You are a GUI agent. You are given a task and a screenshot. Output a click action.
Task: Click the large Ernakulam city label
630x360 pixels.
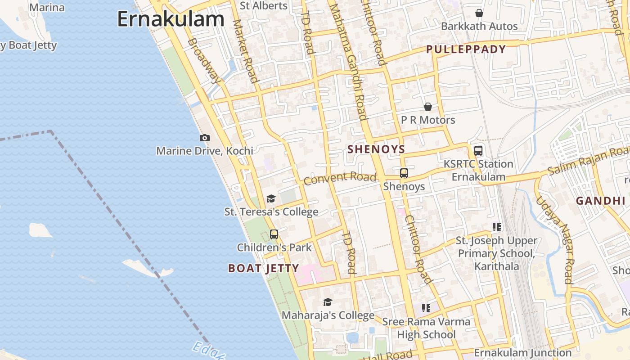[x=171, y=19]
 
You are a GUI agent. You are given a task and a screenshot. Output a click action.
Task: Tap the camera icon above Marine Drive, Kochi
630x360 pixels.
[x=205, y=138]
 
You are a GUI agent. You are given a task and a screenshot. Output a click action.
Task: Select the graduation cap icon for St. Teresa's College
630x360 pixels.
[x=271, y=198]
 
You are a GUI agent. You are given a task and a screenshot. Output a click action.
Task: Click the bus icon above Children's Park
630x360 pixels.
[x=274, y=234]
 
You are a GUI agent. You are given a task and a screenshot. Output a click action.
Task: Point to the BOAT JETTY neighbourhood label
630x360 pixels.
[x=263, y=269]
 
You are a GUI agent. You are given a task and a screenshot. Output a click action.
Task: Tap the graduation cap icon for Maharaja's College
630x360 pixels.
[x=328, y=302]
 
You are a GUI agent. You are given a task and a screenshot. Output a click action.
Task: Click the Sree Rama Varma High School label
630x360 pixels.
[x=426, y=328]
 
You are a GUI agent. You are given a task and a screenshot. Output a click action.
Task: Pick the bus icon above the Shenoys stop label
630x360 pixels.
[x=404, y=173]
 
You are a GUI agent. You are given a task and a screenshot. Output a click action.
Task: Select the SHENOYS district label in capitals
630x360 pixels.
[x=376, y=149]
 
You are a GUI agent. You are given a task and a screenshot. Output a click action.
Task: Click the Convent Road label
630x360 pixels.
[x=340, y=178]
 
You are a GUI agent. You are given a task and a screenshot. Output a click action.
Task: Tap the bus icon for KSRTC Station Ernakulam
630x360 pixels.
[x=478, y=151]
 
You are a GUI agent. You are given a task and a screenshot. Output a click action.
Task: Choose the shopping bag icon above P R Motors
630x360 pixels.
[x=428, y=107]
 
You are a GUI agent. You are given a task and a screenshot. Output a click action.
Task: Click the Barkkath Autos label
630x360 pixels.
[x=479, y=26]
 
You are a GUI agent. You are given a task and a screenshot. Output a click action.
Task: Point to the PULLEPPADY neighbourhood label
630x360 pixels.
[x=466, y=49]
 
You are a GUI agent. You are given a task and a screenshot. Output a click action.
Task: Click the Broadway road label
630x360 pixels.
[x=205, y=61]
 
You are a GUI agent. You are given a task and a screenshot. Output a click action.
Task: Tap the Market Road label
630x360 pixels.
[x=245, y=52]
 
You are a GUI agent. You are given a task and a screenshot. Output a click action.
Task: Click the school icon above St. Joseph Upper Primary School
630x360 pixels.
[x=497, y=227]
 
